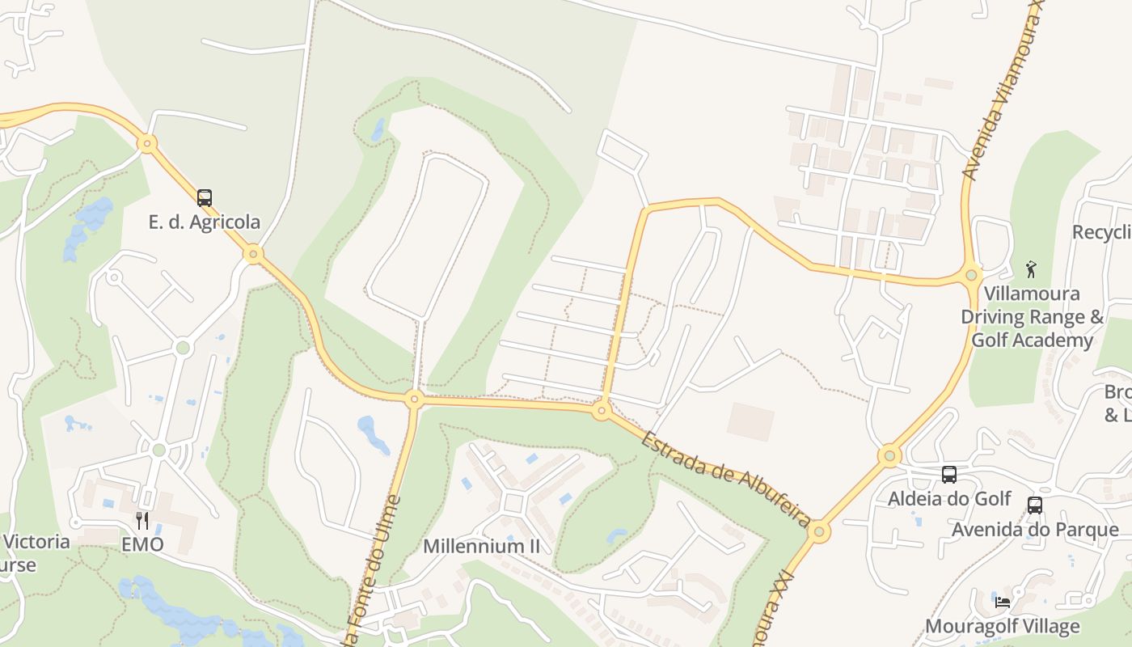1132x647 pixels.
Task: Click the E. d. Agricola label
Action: (x=205, y=222)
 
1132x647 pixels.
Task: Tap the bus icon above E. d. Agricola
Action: (x=205, y=197)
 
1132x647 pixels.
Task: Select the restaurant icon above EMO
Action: (x=142, y=520)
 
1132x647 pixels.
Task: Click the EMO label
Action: (x=142, y=544)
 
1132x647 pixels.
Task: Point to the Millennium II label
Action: (x=481, y=546)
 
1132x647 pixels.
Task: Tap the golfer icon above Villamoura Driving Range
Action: (x=1031, y=269)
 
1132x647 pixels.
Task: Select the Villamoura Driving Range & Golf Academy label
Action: (x=1032, y=316)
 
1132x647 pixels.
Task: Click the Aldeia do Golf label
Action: (x=949, y=498)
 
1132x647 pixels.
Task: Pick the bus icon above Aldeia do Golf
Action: (x=949, y=475)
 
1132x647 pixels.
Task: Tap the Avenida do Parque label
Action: (x=1035, y=530)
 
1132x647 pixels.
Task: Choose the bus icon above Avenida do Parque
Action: (x=1034, y=505)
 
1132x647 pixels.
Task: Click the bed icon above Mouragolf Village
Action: (x=1003, y=602)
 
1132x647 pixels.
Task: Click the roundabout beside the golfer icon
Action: (x=973, y=273)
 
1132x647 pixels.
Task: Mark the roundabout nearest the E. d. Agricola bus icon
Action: (x=254, y=254)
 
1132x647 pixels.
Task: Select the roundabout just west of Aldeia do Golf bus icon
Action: (x=889, y=456)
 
